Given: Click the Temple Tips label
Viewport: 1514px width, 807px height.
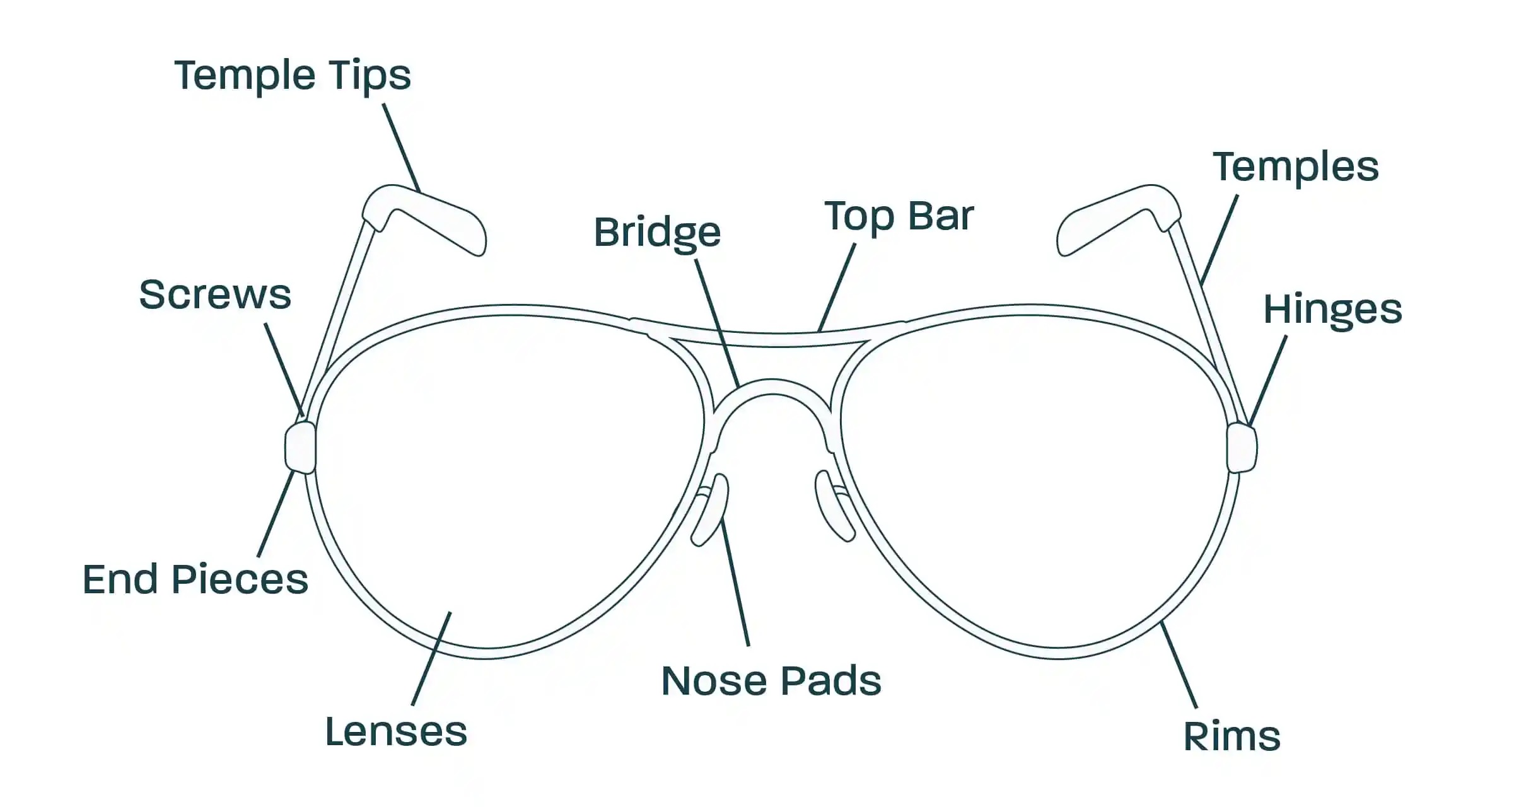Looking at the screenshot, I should point(292,76).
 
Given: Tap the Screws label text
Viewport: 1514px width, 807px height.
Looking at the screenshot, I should point(215,294).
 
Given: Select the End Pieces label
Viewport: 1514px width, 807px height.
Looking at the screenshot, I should point(195,579).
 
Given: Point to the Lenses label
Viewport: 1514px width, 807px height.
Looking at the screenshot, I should point(396,732).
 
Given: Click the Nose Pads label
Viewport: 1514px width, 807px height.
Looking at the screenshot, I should point(771,681).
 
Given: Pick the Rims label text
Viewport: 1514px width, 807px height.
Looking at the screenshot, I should point(1232,736).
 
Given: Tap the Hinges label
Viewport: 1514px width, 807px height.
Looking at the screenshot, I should point(1332,310).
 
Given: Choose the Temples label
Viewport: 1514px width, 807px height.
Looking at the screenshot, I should point(1296,167).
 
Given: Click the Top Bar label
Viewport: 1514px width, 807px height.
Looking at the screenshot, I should point(899,216).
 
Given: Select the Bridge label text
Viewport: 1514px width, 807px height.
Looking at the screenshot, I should point(657,233).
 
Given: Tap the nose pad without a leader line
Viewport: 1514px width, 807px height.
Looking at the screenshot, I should point(834,504).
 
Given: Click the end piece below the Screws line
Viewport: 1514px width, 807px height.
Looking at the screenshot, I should point(300,448).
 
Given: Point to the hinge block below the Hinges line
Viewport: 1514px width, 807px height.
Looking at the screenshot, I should point(1241,448).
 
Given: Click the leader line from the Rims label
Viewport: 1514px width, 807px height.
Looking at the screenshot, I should point(1179,665).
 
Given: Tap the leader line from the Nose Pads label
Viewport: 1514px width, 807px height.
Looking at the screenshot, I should point(735,580).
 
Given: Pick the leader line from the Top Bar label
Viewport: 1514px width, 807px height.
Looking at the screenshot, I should point(837,287).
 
